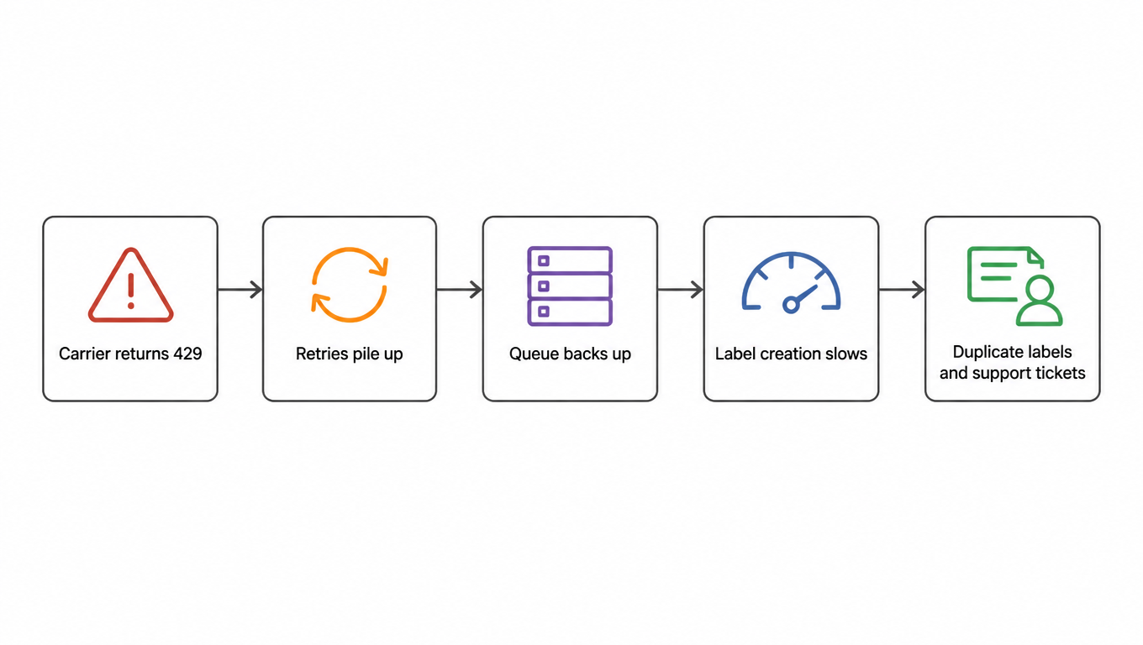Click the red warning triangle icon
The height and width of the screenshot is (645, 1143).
pos(130,286)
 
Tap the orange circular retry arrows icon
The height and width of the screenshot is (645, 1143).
pos(350,285)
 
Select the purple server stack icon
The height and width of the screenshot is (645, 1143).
pos(570,286)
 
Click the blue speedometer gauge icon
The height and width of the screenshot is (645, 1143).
pos(791,282)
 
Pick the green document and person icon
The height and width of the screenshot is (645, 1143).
pos(1014,286)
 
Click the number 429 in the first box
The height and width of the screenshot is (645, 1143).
pos(187,354)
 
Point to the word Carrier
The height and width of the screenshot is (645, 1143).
pos(85,354)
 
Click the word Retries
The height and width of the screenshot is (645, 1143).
pos(322,354)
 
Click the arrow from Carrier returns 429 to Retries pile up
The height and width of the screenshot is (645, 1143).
pos(240,290)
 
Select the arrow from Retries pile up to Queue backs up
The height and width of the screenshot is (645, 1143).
pos(459,290)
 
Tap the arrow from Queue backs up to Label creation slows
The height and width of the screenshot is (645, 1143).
pos(680,290)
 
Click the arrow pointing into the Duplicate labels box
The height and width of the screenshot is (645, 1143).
pos(902,290)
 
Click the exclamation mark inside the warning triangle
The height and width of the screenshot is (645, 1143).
pos(131,291)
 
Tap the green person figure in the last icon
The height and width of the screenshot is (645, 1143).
pos(1040,301)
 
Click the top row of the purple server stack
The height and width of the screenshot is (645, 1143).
pos(570,260)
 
